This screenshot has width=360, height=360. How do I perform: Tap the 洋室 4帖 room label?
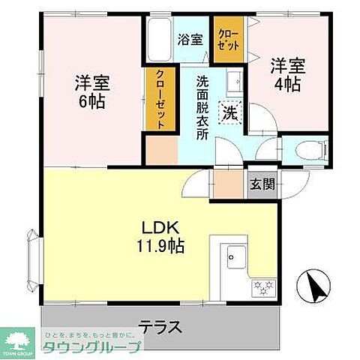[285, 75]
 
